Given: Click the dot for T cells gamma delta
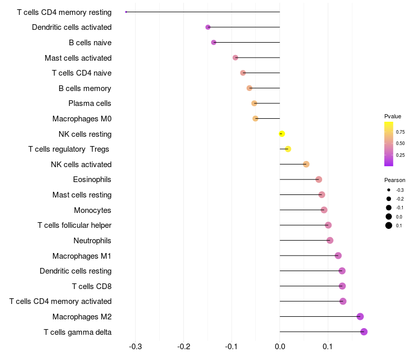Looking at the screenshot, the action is (364, 332).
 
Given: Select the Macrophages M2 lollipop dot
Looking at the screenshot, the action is (360, 316).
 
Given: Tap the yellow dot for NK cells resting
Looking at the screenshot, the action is (282, 134).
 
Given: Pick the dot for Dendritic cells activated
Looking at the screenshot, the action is (208, 27).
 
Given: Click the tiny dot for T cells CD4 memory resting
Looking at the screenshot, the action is (126, 12).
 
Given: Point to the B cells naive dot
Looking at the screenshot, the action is (214, 42).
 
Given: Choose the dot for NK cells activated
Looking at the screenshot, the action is (306, 164).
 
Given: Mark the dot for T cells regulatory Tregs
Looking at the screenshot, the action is (288, 149).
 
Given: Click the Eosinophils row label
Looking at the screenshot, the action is (92, 179).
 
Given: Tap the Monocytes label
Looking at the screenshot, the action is (92, 210).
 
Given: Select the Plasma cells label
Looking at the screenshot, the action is (89, 103).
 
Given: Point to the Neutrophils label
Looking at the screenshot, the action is (92, 241).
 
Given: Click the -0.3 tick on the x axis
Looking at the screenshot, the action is (135, 347).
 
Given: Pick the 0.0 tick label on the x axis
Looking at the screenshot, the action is (280, 347).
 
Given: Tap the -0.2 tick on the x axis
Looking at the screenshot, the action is (183, 347).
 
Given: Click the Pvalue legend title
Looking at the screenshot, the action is (393, 116).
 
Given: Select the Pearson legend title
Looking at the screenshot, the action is (395, 180).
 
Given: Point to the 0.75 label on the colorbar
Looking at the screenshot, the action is (400, 132).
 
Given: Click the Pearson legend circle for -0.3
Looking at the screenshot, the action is (389, 190).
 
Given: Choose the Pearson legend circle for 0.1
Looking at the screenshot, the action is (389, 225).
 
